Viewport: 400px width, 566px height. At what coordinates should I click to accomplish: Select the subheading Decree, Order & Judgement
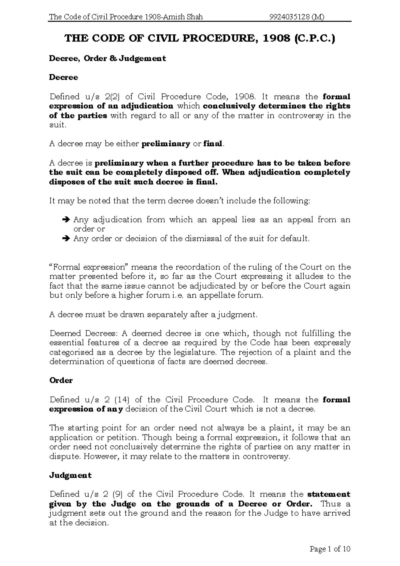click(107, 58)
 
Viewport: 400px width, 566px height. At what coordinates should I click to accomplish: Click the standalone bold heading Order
click(61, 380)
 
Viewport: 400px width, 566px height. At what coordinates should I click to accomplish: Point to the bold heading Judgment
click(70, 475)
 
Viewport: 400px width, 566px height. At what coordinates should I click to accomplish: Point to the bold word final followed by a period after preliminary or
click(212, 144)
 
